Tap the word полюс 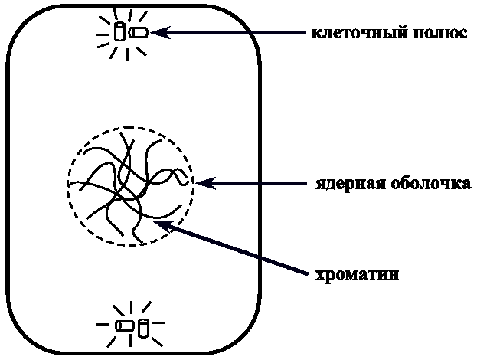(437, 34)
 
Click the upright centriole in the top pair (119, 31)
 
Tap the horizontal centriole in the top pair (139, 33)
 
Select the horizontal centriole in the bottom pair (124, 326)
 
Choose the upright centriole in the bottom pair (142, 327)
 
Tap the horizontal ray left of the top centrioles (101, 34)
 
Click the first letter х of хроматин (321, 274)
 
